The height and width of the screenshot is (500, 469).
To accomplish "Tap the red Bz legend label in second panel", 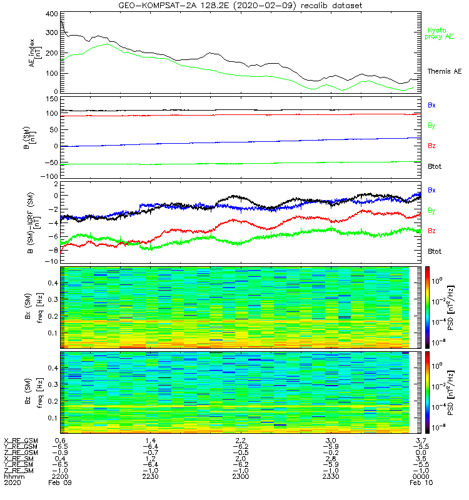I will pyautogui.click(x=431, y=146).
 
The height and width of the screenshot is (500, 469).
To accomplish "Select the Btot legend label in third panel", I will pyautogui.click(x=433, y=251).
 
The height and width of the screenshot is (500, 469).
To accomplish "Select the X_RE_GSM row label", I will pyautogui.click(x=21, y=441).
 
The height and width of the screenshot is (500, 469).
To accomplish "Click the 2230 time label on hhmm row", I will pyautogui.click(x=149, y=476).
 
